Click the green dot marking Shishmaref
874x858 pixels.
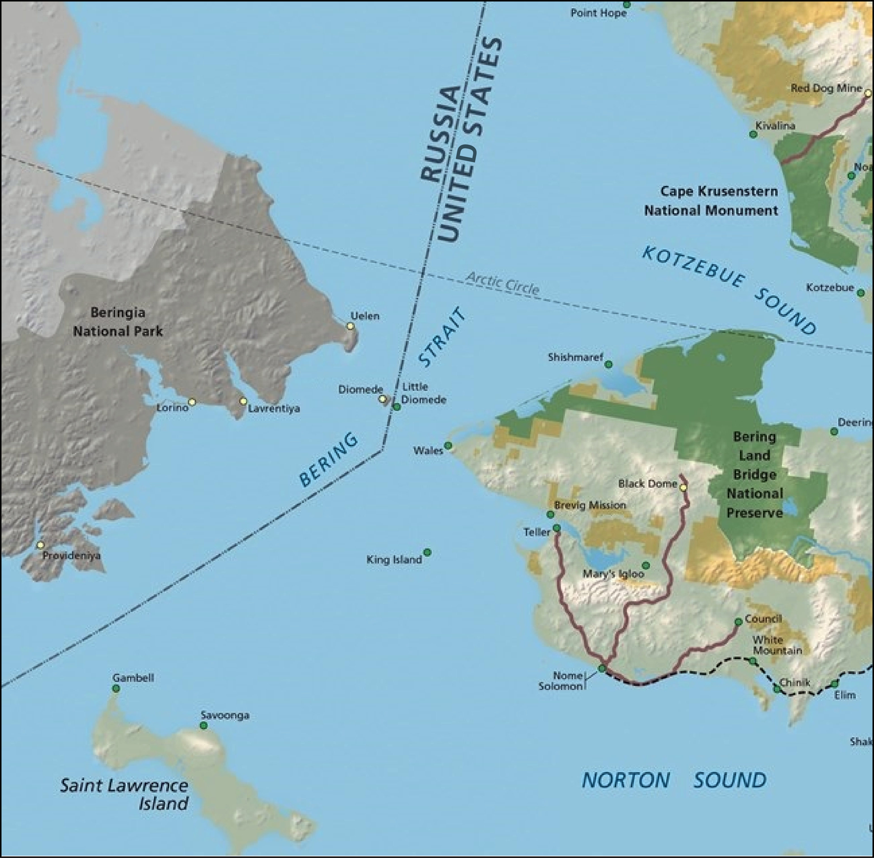click(608, 364)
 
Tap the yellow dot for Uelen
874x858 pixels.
click(350, 326)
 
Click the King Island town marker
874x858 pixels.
click(427, 552)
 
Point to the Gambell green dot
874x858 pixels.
click(116, 688)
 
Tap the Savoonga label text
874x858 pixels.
click(225, 715)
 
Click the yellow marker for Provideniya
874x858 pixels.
click(41, 545)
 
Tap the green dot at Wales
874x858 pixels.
click(448, 446)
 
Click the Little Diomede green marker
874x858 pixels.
click(396, 407)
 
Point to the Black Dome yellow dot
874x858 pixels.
click(683, 488)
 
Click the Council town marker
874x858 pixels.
click(738, 622)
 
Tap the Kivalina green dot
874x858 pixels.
click(753, 134)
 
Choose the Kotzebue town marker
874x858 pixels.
click(860, 293)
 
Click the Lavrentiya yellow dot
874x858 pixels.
click(243, 401)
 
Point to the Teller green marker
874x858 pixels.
click(557, 528)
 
